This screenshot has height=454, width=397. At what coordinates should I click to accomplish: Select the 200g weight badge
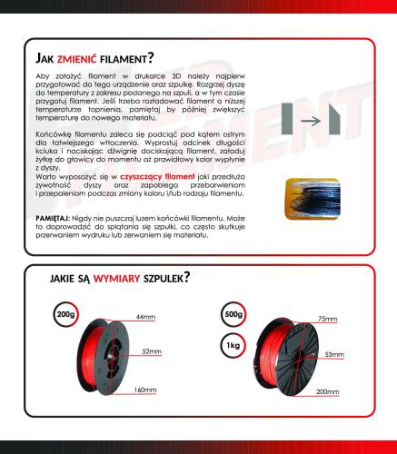tap(65, 315)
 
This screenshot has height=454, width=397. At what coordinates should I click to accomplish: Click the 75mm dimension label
tap(324, 319)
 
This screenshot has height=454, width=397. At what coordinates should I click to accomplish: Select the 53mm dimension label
tap(332, 353)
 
